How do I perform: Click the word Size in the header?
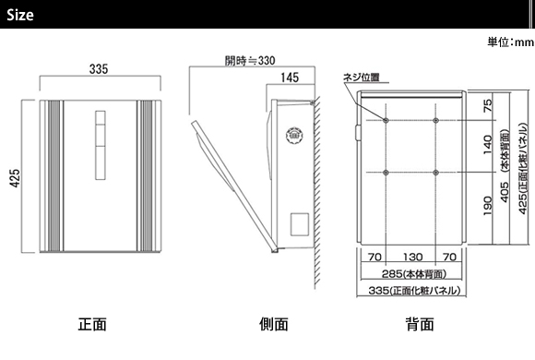20,15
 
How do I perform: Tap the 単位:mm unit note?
510,42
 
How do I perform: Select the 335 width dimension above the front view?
99,69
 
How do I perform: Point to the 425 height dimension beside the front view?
15,178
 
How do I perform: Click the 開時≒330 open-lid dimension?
250,60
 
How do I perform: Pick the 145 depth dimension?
290,78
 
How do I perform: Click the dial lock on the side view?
294,136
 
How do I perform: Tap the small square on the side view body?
300,224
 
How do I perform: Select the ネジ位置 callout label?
361,78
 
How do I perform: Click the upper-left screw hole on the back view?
386,120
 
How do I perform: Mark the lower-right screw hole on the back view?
435,173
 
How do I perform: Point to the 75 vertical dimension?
488,105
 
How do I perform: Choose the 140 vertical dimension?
488,145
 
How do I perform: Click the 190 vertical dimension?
488,206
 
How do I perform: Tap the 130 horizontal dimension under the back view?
413,257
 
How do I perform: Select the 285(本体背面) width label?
414,273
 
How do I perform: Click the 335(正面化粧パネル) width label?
414,291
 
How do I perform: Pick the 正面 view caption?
92,324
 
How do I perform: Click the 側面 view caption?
274,324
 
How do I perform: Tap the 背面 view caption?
420,324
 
